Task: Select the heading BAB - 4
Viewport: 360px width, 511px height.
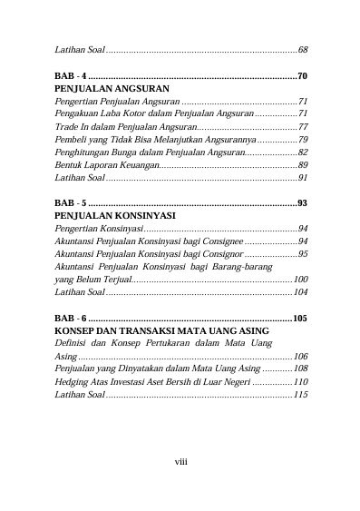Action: click(71, 75)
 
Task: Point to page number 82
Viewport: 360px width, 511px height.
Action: click(303, 152)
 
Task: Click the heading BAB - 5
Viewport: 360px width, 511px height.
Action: click(71, 203)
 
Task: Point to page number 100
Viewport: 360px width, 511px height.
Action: click(300, 280)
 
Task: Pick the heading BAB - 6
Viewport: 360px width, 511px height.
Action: click(71, 319)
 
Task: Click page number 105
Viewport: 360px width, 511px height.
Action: click(300, 319)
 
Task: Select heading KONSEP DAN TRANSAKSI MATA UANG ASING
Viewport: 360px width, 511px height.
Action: click(144, 332)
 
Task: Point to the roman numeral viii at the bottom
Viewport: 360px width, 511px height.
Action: click(180, 462)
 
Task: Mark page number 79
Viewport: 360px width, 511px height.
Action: click(303, 140)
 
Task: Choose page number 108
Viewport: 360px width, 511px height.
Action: click(300, 369)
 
